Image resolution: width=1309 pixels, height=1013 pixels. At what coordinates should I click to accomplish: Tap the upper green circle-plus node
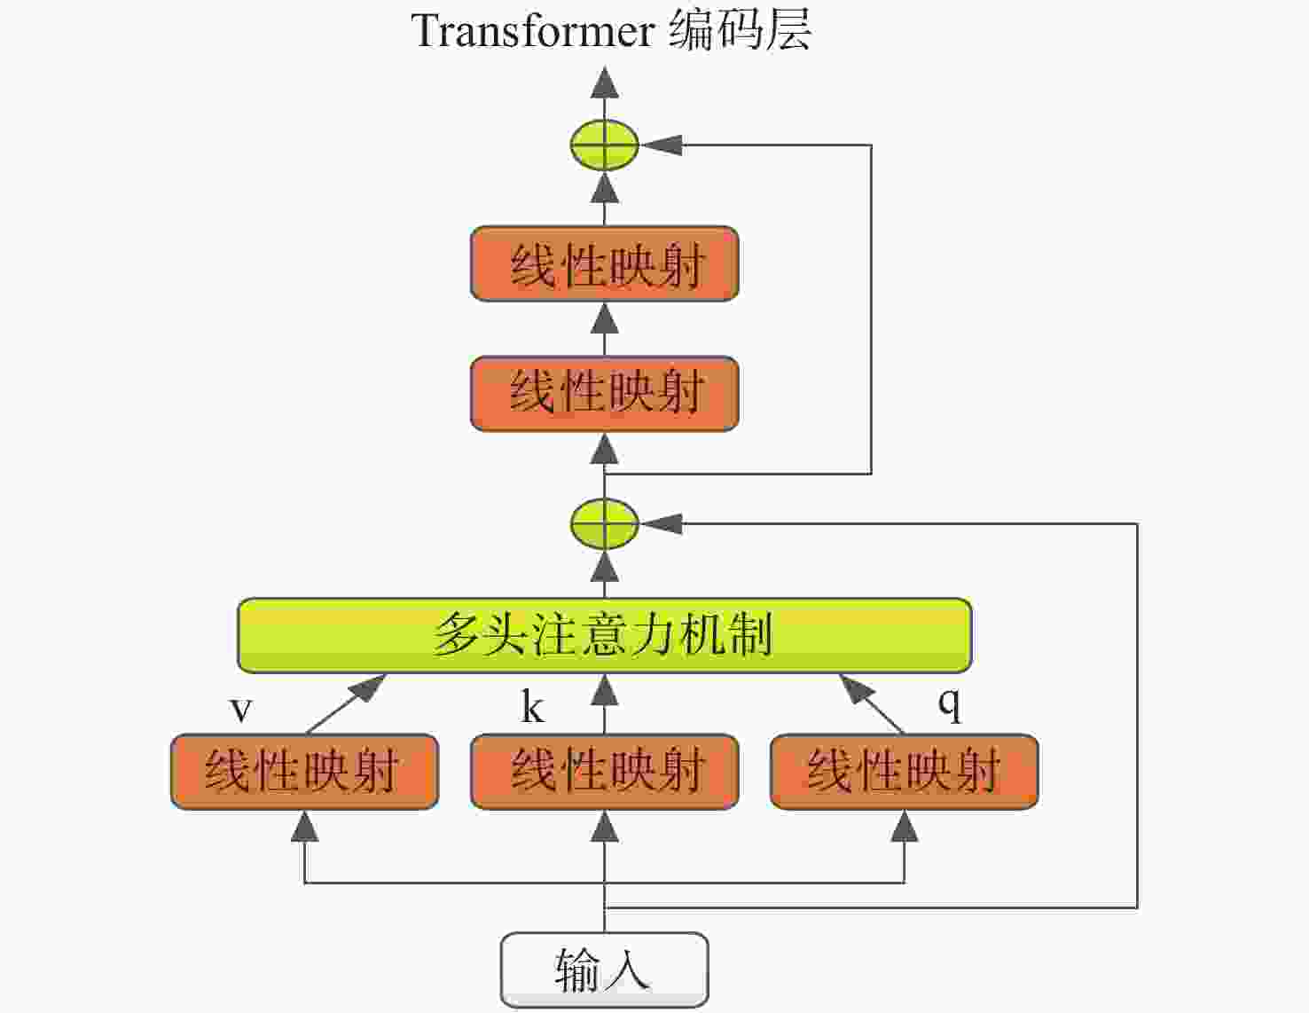(x=604, y=145)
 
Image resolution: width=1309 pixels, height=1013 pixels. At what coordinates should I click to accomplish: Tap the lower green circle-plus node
(x=604, y=523)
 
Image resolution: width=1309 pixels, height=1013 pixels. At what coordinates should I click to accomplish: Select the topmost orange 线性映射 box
(x=604, y=264)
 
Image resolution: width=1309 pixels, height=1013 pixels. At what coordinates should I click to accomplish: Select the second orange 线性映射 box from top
(x=604, y=394)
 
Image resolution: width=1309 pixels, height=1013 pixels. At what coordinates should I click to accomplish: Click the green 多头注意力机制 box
(x=604, y=635)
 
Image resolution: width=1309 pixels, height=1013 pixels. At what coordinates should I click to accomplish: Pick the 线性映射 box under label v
(x=304, y=771)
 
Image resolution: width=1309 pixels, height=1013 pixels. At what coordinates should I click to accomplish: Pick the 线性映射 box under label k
(x=604, y=771)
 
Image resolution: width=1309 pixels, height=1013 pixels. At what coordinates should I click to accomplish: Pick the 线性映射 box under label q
(x=904, y=771)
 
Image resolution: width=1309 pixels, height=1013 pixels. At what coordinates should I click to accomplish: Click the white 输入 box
(x=604, y=970)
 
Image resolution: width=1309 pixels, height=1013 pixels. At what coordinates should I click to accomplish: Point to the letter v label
(x=240, y=710)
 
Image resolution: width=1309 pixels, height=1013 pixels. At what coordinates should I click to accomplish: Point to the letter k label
(x=532, y=707)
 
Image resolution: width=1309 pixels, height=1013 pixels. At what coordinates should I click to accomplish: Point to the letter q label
(x=949, y=703)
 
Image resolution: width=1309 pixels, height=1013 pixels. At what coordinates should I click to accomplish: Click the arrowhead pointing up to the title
(x=605, y=82)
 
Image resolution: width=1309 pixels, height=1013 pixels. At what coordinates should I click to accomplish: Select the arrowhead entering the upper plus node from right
(x=661, y=145)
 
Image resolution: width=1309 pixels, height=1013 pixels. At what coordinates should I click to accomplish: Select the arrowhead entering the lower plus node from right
(x=661, y=523)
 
